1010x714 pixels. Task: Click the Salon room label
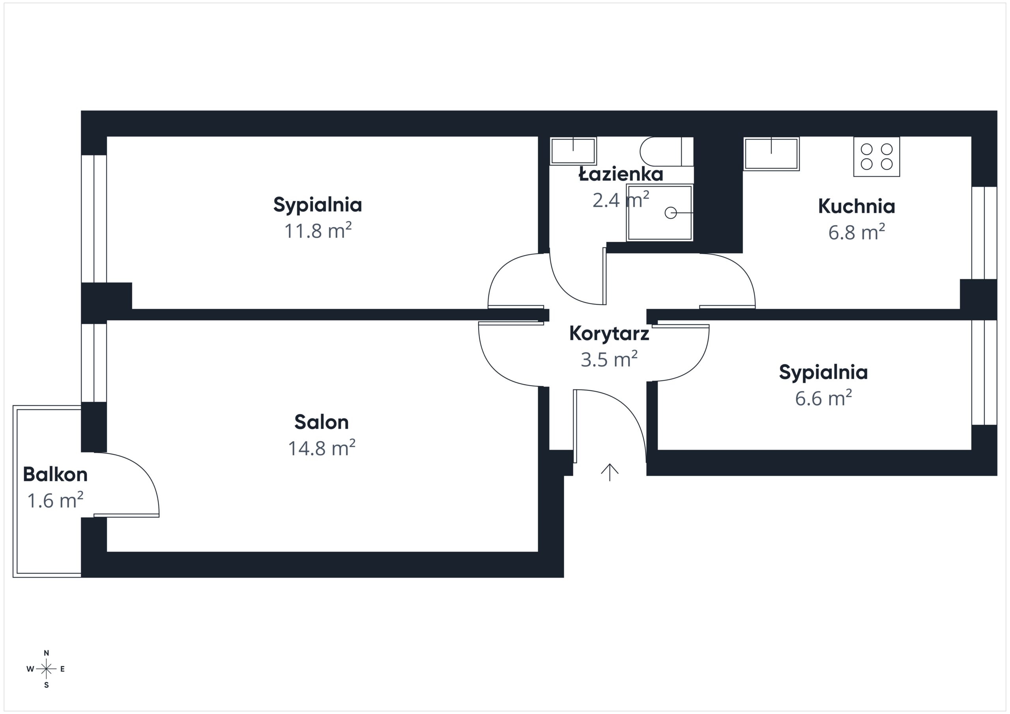pyautogui.click(x=322, y=422)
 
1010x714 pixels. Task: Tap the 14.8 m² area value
pyautogui.click(x=322, y=448)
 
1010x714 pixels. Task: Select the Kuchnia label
pyautogui.click(x=857, y=206)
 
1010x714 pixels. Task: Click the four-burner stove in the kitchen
pyautogui.click(x=877, y=157)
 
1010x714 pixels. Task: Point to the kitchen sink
pyautogui.click(x=772, y=153)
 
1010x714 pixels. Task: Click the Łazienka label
pyautogui.click(x=621, y=174)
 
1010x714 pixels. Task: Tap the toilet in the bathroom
pyautogui.click(x=667, y=151)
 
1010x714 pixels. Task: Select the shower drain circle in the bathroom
pyautogui.click(x=670, y=213)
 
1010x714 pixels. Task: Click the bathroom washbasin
pyautogui.click(x=573, y=151)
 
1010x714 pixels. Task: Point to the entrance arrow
pyautogui.click(x=610, y=472)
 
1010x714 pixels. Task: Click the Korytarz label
pyautogui.click(x=609, y=333)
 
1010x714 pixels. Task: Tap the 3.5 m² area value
pyautogui.click(x=609, y=359)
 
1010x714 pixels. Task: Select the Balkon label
pyautogui.click(x=55, y=474)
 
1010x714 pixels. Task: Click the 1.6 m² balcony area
pyautogui.click(x=55, y=501)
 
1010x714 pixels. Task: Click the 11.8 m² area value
pyautogui.click(x=318, y=231)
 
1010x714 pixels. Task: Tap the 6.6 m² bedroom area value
pyautogui.click(x=823, y=398)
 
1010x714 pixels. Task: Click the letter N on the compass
pyautogui.click(x=46, y=653)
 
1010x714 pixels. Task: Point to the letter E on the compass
pyautogui.click(x=62, y=669)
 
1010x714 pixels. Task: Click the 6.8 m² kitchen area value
pyautogui.click(x=857, y=232)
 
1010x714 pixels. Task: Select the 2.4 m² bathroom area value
pyautogui.click(x=621, y=200)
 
